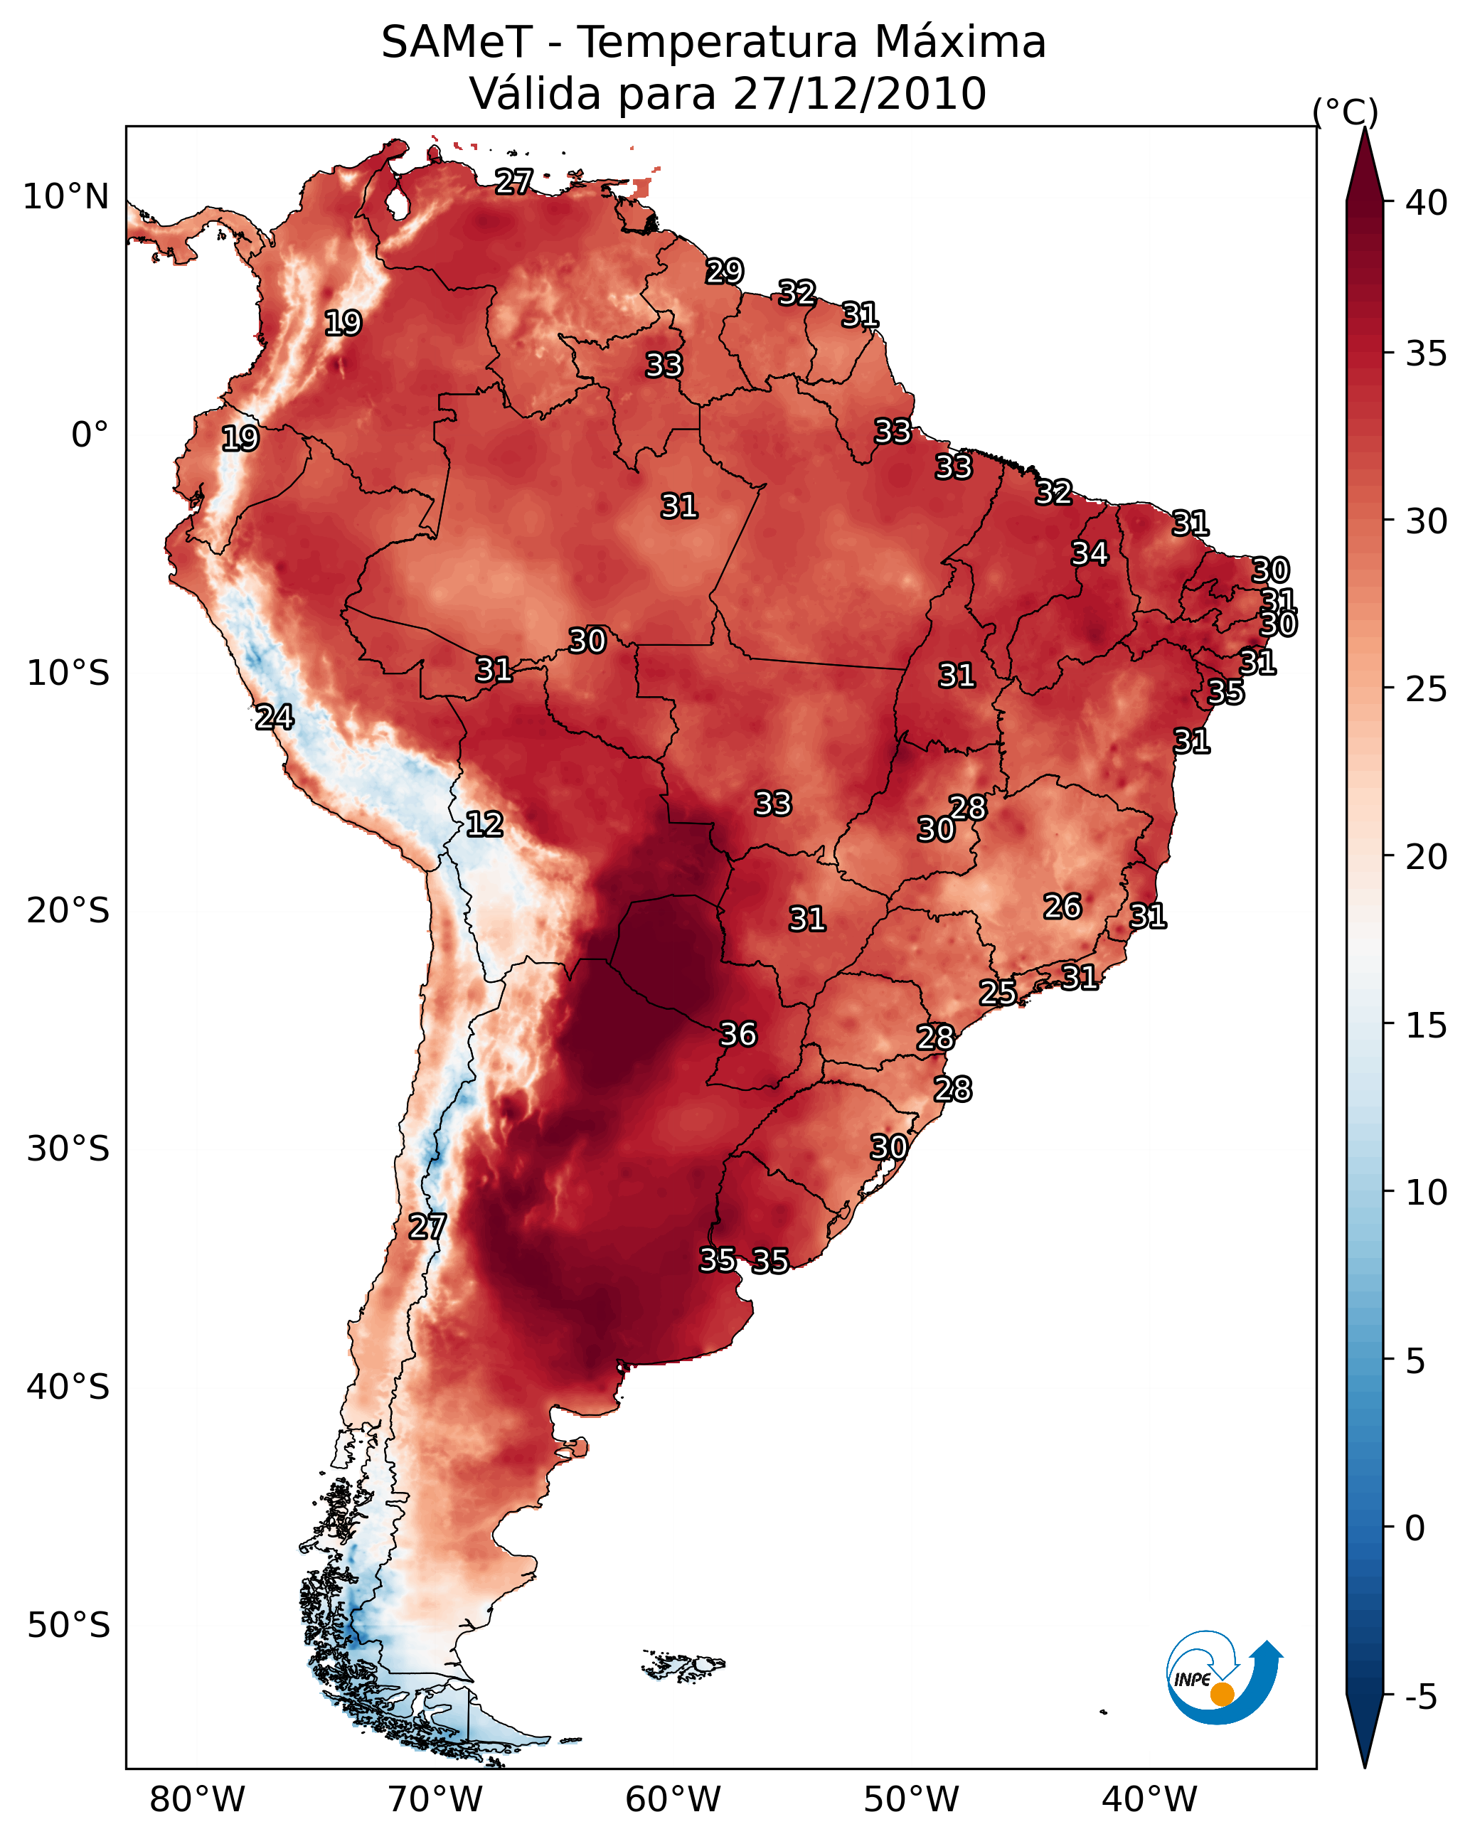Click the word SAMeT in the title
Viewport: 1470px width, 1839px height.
click(x=457, y=43)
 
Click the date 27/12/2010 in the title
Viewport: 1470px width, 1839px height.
click(x=859, y=94)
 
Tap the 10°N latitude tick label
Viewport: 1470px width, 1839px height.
click(x=65, y=197)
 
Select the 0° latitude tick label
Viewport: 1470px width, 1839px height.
click(x=90, y=435)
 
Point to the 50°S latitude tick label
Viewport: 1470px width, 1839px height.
click(x=68, y=1626)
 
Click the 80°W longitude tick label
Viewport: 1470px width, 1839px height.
click(x=197, y=1800)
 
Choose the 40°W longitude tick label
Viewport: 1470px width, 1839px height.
click(x=1149, y=1800)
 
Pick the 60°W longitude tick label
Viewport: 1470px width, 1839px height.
click(x=673, y=1800)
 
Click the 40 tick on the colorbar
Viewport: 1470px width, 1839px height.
click(x=1427, y=203)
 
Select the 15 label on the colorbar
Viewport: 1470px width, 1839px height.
click(x=1427, y=1026)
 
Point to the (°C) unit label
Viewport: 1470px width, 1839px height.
click(x=1346, y=112)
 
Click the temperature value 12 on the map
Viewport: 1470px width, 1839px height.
click(x=484, y=824)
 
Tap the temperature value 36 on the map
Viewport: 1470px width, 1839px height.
click(x=738, y=1035)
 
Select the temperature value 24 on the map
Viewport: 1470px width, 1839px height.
click(x=275, y=718)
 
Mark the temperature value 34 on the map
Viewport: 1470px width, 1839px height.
click(x=1090, y=553)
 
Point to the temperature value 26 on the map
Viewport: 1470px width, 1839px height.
click(x=1062, y=907)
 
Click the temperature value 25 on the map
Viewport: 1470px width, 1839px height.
click(x=997, y=992)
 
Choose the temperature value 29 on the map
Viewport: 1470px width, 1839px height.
click(x=725, y=271)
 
